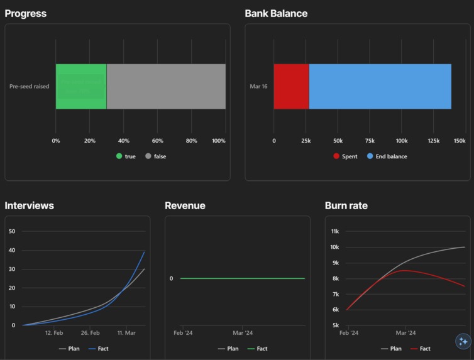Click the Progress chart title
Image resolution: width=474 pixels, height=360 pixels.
pos(26,13)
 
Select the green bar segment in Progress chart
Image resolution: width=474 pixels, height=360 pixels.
pos(80,87)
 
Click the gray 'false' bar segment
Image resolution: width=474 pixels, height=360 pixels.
pos(166,87)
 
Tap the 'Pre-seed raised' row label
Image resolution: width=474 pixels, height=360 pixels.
pos(29,87)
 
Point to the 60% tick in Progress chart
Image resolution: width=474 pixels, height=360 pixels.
pos(157,141)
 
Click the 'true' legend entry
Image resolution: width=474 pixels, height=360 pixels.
pos(126,156)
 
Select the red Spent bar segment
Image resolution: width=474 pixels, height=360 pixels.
pos(291,87)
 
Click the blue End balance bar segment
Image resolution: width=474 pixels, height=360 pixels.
pos(380,87)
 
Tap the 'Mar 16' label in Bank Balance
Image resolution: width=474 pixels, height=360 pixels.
pos(258,87)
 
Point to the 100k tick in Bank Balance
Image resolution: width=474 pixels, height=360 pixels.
pos(402,141)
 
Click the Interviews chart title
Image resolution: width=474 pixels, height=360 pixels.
pos(30,205)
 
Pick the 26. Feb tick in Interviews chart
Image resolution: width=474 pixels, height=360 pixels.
pos(90,333)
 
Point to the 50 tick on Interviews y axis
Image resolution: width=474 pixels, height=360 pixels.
pos(12,231)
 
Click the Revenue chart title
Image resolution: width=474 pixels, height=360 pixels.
pos(185,205)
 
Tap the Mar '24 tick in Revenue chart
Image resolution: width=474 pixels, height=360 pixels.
pos(243,333)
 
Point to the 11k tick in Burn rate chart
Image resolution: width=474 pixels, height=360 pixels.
pos(335,231)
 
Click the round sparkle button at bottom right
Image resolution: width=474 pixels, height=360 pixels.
pos(463,341)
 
